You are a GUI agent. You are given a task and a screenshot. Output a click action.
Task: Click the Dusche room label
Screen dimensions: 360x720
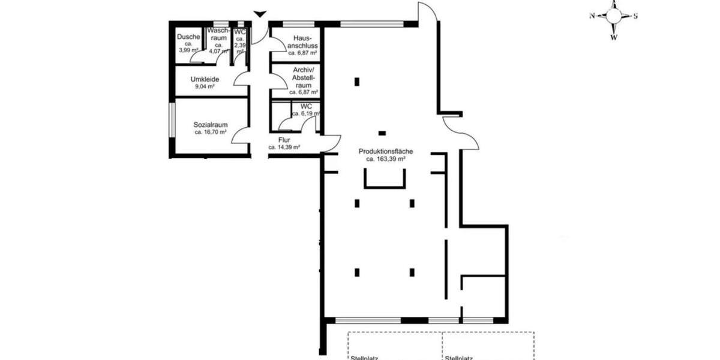point(188,37)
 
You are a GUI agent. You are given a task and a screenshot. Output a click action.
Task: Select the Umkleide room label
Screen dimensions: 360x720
point(204,79)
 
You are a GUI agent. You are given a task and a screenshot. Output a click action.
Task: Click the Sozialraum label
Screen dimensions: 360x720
point(210,125)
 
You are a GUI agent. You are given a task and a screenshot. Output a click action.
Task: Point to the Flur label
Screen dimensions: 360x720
point(284,140)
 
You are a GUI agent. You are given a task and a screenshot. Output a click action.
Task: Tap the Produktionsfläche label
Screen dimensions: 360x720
point(386,152)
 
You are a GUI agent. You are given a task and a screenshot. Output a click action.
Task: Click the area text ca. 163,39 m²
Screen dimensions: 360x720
point(386,160)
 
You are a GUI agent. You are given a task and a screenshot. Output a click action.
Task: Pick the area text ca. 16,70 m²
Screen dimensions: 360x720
point(210,132)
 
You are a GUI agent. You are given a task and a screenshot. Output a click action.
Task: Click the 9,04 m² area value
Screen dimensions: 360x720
point(204,86)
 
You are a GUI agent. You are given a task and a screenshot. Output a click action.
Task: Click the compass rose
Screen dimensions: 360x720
point(613,16)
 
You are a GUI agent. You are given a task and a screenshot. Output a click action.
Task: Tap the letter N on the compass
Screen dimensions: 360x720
point(592,16)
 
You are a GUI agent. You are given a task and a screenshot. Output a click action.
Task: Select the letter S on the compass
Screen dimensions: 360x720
point(635,16)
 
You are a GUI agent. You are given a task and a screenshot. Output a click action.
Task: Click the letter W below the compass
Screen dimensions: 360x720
point(613,37)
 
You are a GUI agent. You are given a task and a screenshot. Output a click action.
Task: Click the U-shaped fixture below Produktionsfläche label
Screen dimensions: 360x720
point(385,179)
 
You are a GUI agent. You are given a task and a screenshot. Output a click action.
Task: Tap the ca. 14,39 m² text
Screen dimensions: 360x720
point(284,147)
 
